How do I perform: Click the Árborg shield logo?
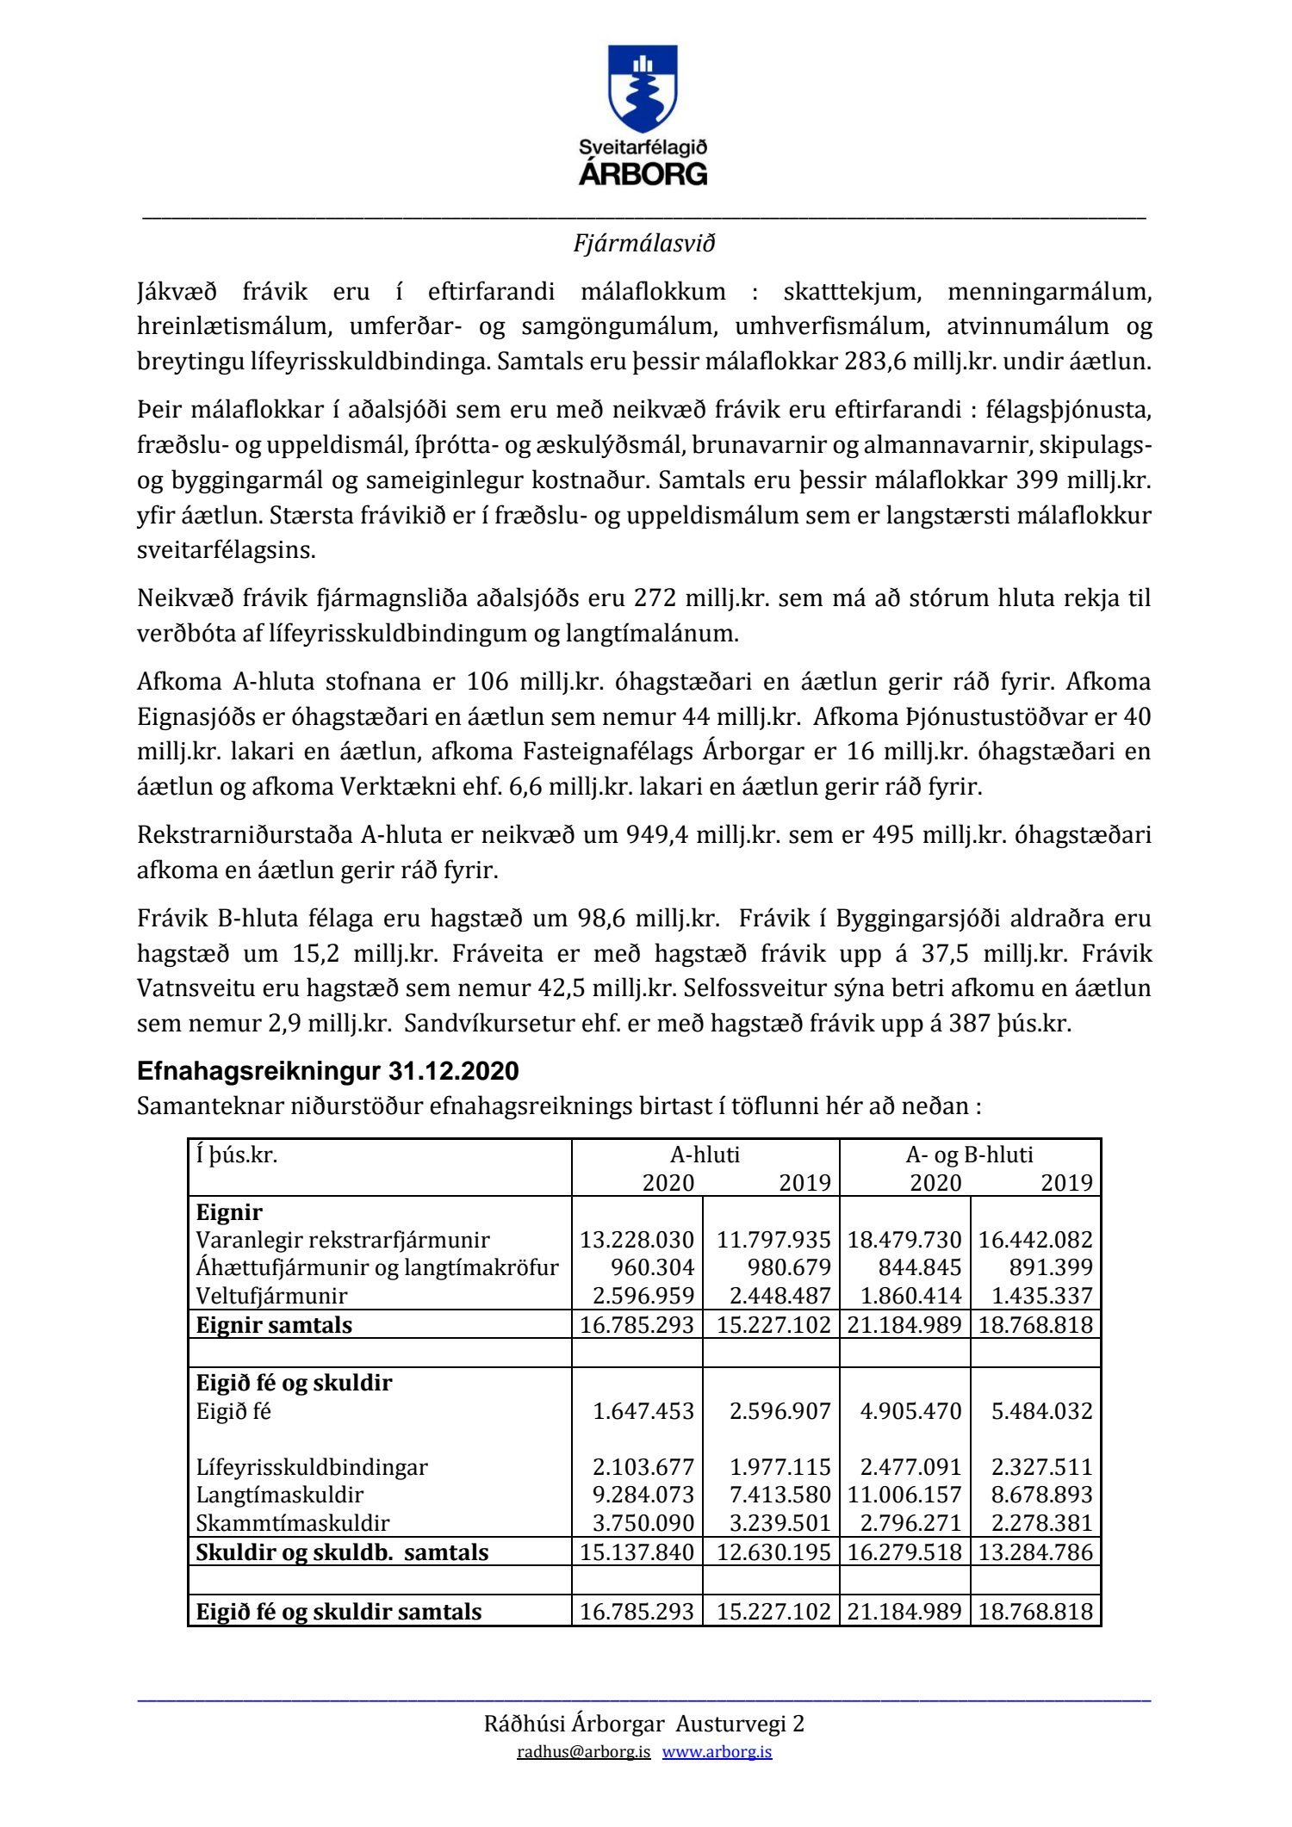coord(643,88)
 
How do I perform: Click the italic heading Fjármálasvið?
coord(644,244)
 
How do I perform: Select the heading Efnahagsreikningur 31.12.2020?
coord(327,1071)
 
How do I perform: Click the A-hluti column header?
coord(705,1155)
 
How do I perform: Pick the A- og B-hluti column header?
coord(969,1155)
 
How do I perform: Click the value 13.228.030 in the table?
coord(637,1240)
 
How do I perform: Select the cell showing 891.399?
coord(1041,1267)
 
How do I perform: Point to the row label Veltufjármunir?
coord(271,1296)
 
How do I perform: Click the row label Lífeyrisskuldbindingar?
coord(312,1467)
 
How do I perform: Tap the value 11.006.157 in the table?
coord(904,1495)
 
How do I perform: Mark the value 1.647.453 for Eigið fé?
coord(643,1411)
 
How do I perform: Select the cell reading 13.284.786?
coord(1035,1552)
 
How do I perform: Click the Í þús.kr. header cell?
coord(237,1155)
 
